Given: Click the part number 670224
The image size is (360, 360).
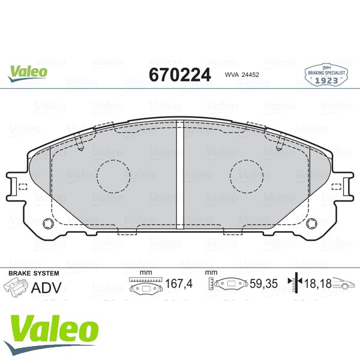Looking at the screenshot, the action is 180,75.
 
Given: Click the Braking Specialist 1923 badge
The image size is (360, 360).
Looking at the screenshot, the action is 326,75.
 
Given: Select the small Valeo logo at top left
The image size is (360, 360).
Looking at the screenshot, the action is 28,73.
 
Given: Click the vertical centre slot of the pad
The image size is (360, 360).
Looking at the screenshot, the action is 180,175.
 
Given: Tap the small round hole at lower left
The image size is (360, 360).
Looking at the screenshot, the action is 48,223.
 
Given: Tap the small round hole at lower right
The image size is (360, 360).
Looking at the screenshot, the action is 312,223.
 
